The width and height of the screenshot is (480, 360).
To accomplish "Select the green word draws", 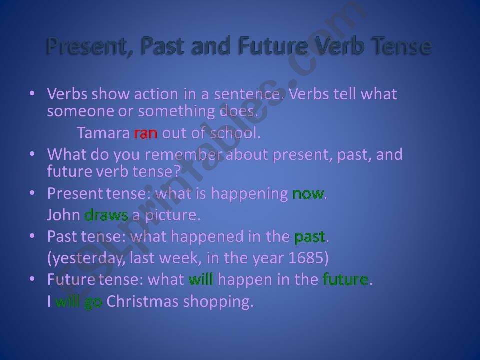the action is click(106, 215).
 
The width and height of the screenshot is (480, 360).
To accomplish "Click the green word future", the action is click(346, 279).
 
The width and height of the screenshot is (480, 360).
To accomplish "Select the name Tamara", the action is click(104, 133).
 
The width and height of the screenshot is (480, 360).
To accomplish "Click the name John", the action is click(63, 215).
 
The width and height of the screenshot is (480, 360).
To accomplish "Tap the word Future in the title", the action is click(273, 46).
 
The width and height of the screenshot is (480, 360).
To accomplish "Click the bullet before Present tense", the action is click(32, 193).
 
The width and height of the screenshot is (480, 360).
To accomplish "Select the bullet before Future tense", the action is click(32, 279).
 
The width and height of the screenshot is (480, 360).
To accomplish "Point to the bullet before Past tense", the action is click(32, 236).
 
